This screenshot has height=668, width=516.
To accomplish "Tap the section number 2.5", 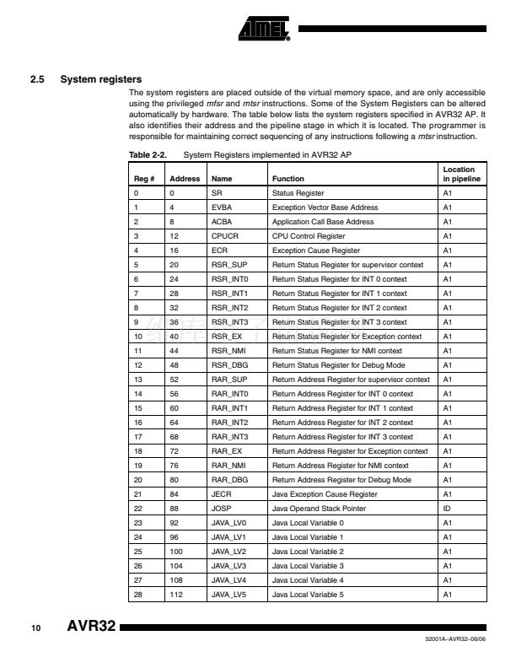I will click(36, 80).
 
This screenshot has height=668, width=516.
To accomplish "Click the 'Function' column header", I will click(288, 179).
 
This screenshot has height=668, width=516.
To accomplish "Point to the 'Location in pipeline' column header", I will click(461, 175).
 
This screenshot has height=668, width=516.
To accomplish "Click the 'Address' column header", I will click(185, 179).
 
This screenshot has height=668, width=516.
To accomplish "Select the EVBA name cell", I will click(220, 207).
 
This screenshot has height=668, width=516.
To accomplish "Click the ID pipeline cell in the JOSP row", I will click(448, 509).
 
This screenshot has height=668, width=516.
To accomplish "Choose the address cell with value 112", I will click(178, 595).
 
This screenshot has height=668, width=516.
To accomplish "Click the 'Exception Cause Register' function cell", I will click(315, 250).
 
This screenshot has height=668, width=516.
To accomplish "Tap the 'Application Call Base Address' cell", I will click(322, 222).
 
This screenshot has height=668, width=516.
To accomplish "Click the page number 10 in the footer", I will click(36, 628).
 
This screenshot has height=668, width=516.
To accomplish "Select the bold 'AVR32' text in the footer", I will click(90, 628).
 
